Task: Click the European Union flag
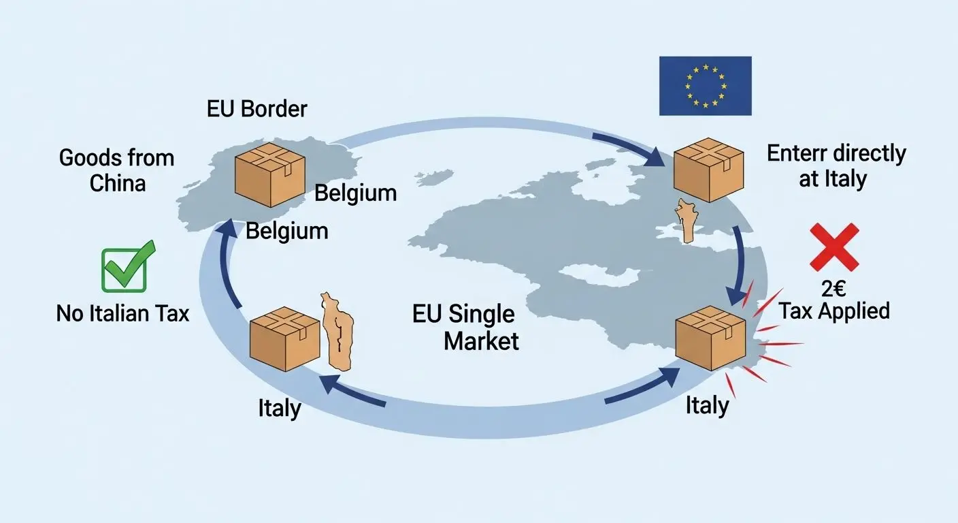pyautogui.click(x=705, y=86)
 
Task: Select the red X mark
pyautogui.click(x=834, y=247)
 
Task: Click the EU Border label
pyautogui.click(x=257, y=108)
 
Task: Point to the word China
pyautogui.click(x=118, y=183)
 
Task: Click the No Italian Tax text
pyautogui.click(x=122, y=313)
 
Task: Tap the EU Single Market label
pyautogui.click(x=464, y=328)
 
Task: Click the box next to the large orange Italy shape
pyautogui.click(x=284, y=338)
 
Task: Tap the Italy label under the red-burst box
pyautogui.click(x=707, y=406)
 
